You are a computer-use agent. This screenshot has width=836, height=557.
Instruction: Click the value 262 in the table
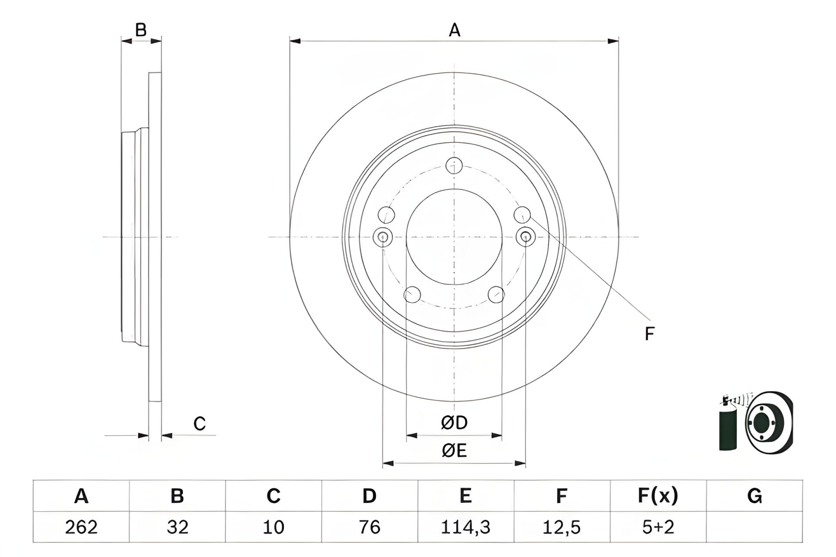coord(81,527)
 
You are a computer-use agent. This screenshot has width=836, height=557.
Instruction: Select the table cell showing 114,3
coord(465,527)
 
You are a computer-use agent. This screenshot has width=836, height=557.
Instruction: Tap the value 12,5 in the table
coord(562,527)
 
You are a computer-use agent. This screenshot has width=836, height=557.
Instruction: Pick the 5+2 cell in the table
coord(658,527)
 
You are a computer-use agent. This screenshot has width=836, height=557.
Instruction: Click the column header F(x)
coord(658,496)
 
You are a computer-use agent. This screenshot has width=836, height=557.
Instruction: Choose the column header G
coord(754,496)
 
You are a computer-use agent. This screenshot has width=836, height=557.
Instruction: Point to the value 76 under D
coord(369,527)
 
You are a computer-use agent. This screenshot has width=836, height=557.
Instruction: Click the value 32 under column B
coord(177,527)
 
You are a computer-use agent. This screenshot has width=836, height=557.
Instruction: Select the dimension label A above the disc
coord(454,30)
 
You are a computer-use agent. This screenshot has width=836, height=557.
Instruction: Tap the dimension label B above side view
coord(141,30)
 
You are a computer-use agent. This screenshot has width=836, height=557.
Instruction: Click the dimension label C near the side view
coord(199,423)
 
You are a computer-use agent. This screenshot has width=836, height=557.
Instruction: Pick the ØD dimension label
coord(454,423)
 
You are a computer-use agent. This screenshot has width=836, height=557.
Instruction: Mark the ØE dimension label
coord(454,451)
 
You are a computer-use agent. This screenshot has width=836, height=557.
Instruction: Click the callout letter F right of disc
coord(649,334)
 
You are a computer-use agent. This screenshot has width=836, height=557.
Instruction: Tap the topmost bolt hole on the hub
coord(454,165)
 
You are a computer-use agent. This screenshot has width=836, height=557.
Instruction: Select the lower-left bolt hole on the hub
coord(412,295)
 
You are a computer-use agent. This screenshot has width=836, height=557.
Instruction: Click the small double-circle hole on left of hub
coord(383,237)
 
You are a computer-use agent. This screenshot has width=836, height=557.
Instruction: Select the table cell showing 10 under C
coord(273,527)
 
